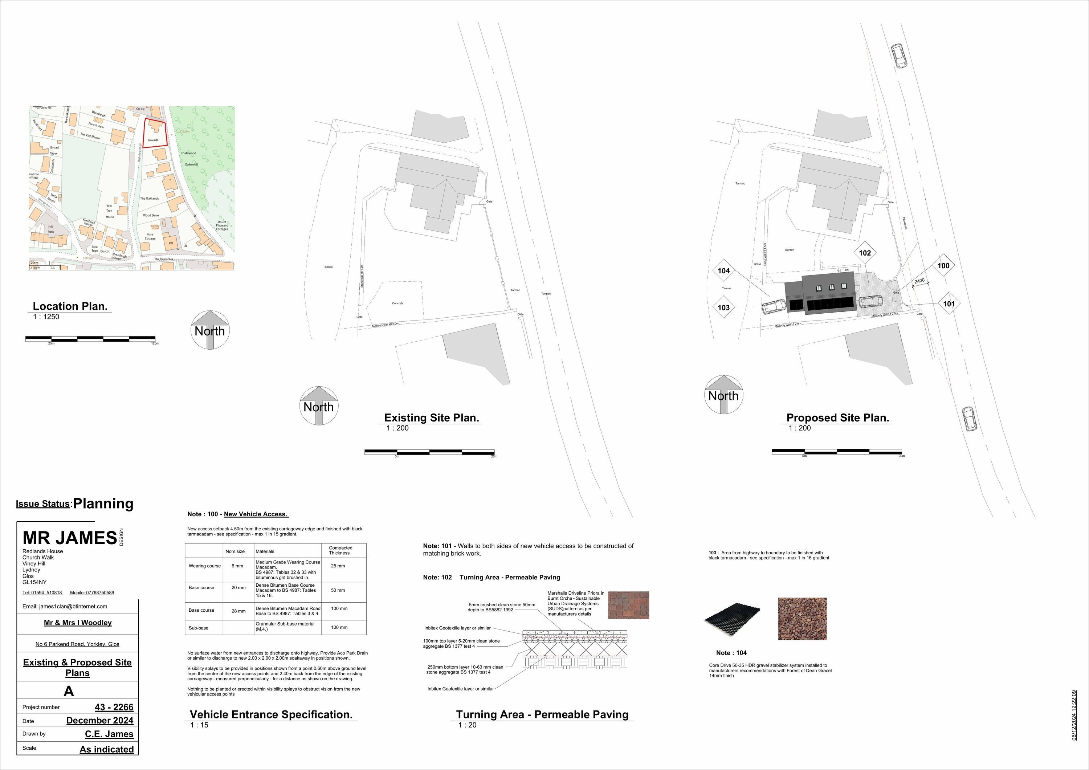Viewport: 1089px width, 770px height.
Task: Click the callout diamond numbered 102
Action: coord(865,253)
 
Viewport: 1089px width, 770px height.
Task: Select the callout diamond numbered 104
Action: coord(723,271)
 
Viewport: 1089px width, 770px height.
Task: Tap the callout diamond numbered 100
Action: coord(943,266)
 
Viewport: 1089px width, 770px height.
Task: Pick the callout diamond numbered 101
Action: coord(949,303)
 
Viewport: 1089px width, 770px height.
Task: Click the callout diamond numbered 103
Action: coord(723,307)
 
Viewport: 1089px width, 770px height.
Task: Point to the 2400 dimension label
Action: coord(919,281)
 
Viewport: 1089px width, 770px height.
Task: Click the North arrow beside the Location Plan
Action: coord(210,330)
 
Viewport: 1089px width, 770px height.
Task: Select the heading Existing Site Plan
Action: coord(431,418)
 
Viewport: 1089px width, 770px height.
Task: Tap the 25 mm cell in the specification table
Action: coord(338,566)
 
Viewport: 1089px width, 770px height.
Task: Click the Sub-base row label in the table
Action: coord(198,628)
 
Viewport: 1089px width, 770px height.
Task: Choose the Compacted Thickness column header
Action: coord(340,550)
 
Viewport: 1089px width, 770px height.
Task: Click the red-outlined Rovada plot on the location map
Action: coord(155,134)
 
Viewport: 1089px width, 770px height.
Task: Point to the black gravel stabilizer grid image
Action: coord(732,620)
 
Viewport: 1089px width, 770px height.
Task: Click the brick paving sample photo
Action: coord(628,605)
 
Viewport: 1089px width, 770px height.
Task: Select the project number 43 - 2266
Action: coord(114,707)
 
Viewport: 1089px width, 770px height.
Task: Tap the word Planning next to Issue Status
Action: coord(103,504)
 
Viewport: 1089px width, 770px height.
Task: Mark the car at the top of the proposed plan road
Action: coord(898,56)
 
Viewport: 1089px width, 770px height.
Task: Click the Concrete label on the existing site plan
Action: coord(397,303)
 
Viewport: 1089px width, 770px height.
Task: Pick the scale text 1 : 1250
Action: coord(46,317)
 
